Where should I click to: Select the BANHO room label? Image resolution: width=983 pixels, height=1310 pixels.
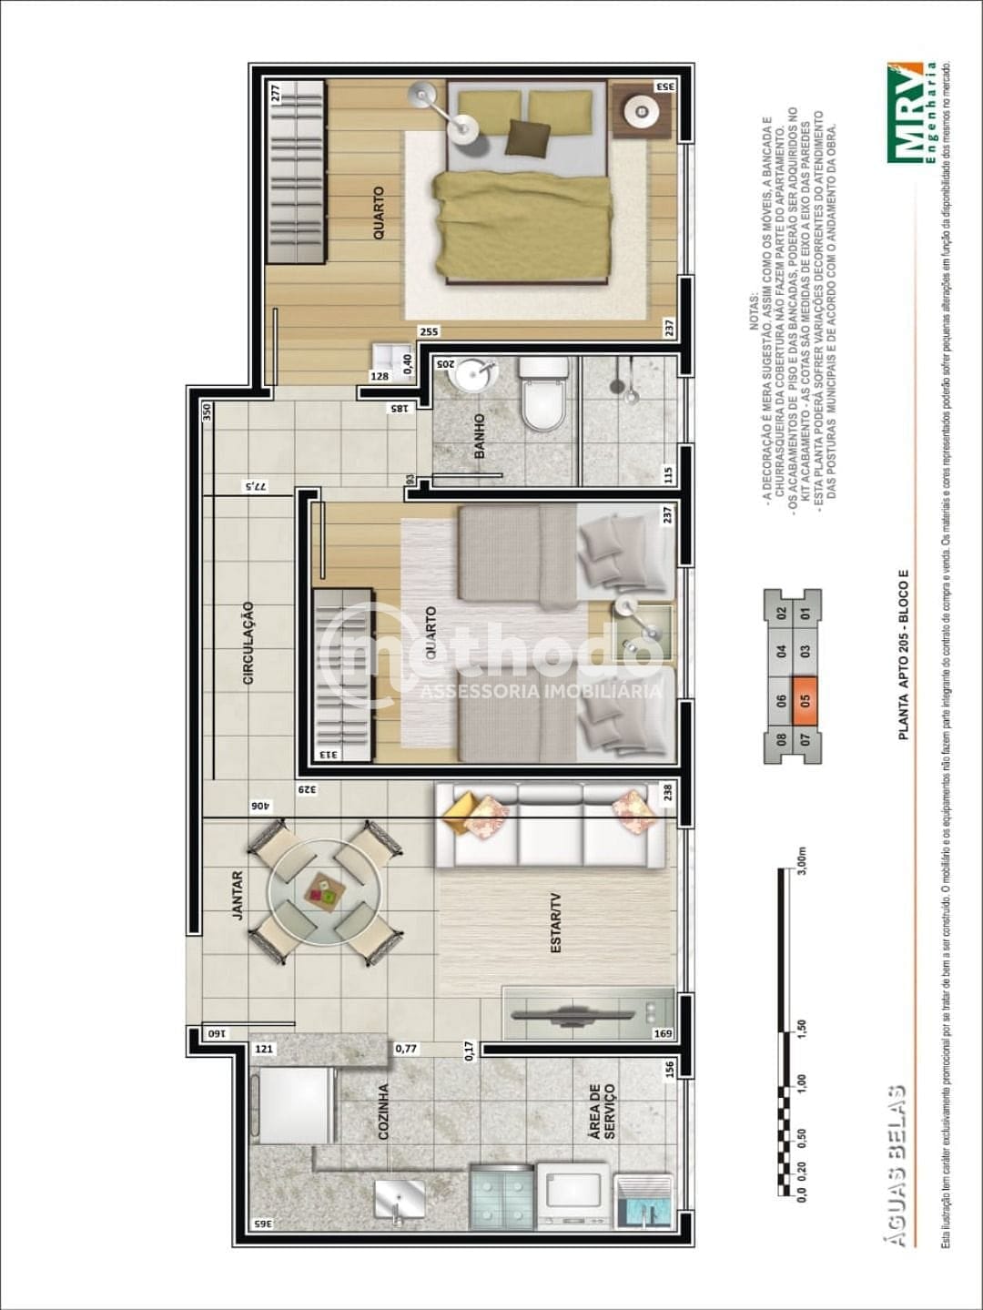(x=479, y=436)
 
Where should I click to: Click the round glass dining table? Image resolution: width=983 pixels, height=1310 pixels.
(x=324, y=889)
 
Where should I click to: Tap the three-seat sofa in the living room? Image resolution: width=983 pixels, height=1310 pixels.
(x=545, y=827)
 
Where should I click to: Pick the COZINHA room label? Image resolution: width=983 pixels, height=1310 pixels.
(x=383, y=1111)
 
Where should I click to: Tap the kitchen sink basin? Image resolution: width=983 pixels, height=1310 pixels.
(x=400, y=1199)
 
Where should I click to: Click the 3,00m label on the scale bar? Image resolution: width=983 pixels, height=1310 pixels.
(x=802, y=858)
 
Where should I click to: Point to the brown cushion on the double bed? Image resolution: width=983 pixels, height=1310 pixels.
(x=528, y=136)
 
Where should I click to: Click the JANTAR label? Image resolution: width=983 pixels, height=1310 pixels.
(x=238, y=895)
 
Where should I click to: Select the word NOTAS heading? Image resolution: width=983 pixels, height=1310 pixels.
(x=753, y=311)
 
